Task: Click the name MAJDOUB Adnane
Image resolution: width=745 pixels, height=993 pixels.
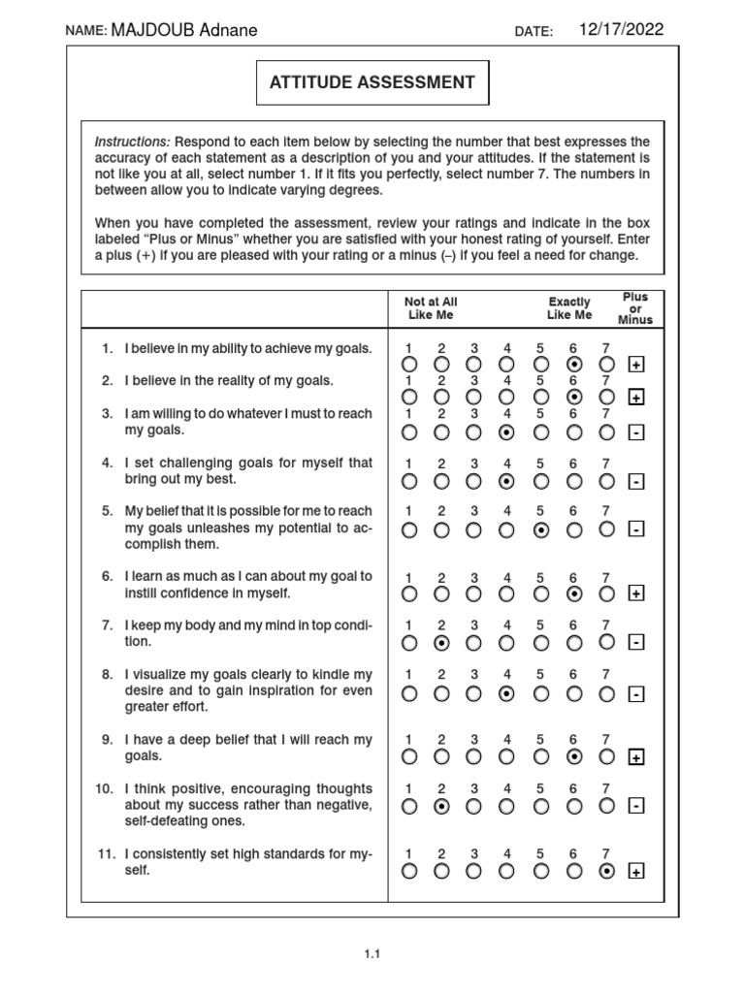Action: click(x=184, y=30)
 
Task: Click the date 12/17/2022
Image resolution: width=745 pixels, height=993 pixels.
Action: click(x=621, y=29)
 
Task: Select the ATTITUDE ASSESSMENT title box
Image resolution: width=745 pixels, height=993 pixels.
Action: click(x=372, y=82)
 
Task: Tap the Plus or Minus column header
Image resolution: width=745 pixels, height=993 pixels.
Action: click(x=636, y=307)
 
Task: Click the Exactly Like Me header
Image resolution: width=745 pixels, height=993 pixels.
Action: click(x=569, y=308)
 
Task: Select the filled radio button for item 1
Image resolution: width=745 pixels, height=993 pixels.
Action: click(x=574, y=365)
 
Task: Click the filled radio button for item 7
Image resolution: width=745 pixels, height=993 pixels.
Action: click(x=441, y=642)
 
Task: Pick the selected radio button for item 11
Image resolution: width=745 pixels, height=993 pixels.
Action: click(x=607, y=871)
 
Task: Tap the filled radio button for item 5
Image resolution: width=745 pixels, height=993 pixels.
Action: click(x=541, y=529)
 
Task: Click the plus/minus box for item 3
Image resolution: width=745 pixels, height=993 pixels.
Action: click(x=636, y=432)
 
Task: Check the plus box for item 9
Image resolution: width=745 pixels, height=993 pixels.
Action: click(x=636, y=756)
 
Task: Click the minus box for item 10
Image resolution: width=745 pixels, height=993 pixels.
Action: click(x=636, y=806)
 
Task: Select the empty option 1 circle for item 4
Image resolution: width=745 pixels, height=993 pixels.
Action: click(x=409, y=480)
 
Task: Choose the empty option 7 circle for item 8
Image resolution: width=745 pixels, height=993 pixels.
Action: click(x=607, y=692)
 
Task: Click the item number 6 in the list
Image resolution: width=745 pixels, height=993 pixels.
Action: click(x=109, y=576)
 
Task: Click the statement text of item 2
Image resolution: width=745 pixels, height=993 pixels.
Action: click(x=229, y=380)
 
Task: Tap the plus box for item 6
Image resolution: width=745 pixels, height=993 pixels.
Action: click(x=636, y=593)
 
